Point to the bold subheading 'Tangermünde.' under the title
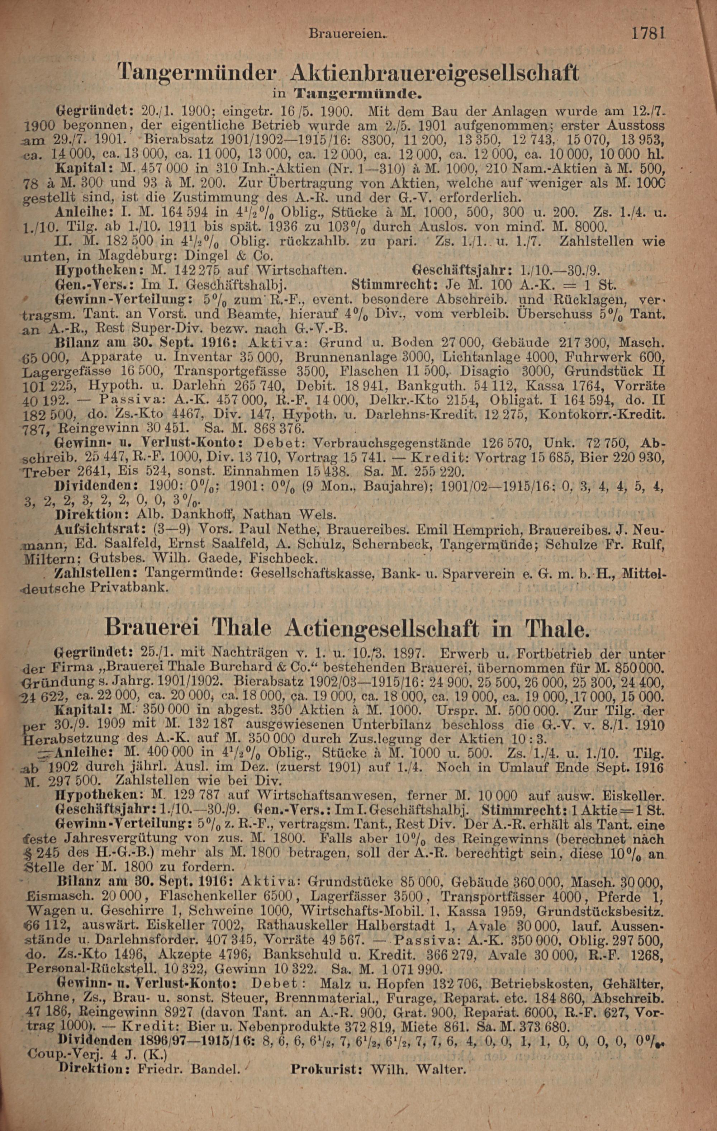357,94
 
